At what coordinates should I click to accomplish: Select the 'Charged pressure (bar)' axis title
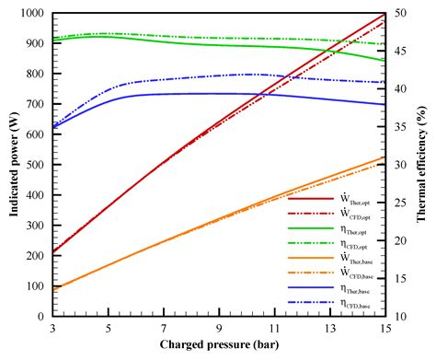point(219,348)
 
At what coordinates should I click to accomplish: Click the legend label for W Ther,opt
point(352,198)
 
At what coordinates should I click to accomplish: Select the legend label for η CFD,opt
point(351,243)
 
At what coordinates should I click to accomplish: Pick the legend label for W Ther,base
point(352,259)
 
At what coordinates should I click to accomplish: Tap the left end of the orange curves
point(54,288)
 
